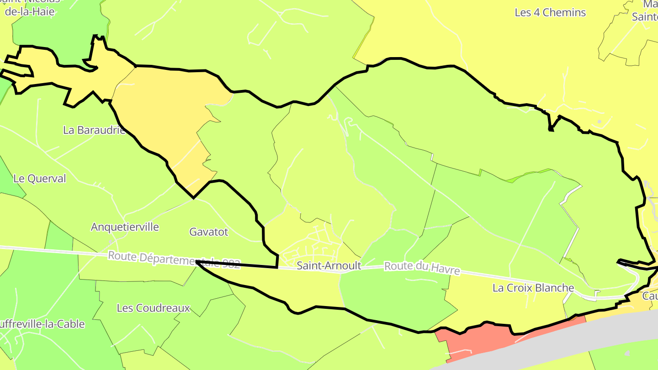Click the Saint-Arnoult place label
329,265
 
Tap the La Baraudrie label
94,130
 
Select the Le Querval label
40,179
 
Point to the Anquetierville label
125,227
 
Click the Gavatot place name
208,232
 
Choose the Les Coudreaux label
153,308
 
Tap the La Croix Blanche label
533,288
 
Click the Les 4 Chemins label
550,12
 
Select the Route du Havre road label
422,268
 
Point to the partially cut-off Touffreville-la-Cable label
41,324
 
